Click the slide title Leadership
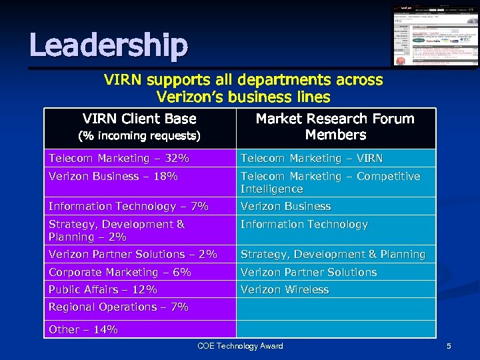[x=109, y=45]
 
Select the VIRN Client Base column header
[x=139, y=119]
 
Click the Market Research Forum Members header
[x=335, y=127]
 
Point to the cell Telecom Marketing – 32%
[x=119, y=159]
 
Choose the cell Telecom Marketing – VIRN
[x=311, y=159]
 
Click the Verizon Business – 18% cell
[x=113, y=177]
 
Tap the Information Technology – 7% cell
[x=129, y=207]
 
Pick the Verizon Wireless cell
[x=285, y=290]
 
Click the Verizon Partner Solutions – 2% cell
[x=133, y=255]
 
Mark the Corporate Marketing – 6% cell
[x=120, y=273]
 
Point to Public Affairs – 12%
[x=103, y=290]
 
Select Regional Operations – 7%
[x=119, y=307]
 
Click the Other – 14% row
[x=83, y=329]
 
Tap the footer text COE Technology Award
[x=240, y=346]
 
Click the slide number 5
[x=449, y=346]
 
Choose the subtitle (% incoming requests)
[x=139, y=136]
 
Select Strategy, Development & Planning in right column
[x=333, y=255]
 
